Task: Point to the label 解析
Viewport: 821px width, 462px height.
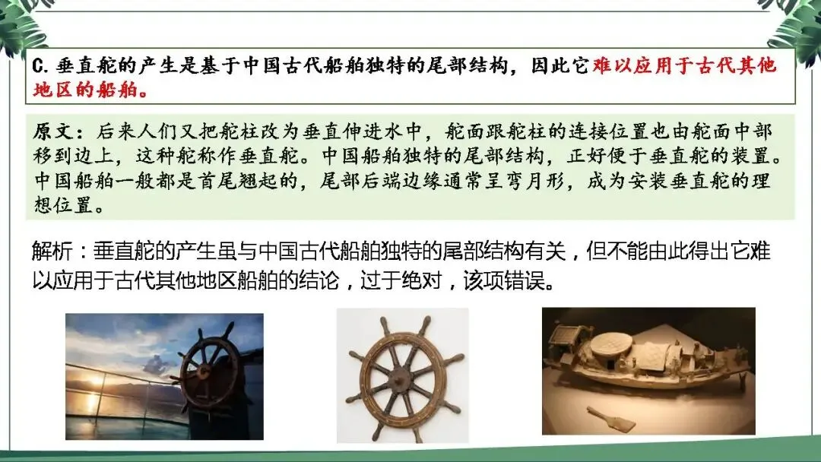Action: (x=52, y=252)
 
